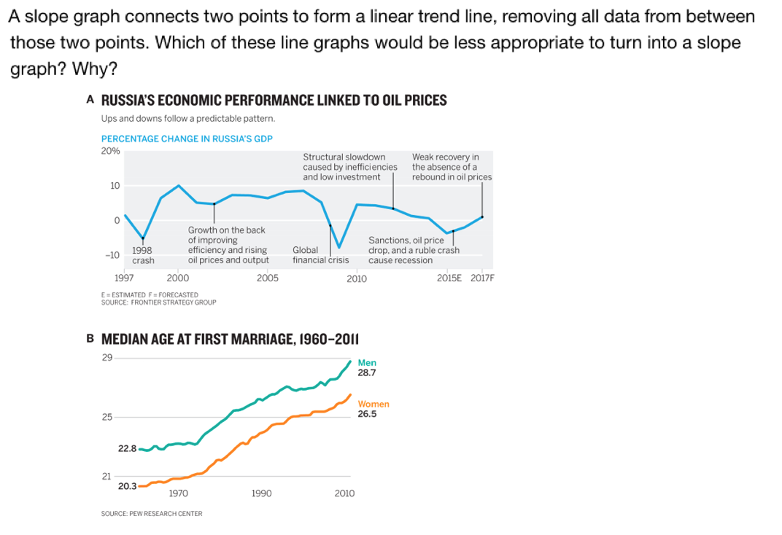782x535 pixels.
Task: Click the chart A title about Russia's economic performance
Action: [274, 101]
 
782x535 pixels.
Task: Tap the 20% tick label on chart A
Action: [110, 151]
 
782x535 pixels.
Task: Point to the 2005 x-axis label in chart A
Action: [268, 278]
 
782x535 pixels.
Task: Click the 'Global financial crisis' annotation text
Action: [320, 255]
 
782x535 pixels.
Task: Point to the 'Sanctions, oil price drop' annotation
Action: [414, 250]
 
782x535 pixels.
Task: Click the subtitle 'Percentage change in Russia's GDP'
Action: [187, 138]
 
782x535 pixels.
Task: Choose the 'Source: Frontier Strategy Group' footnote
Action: [158, 302]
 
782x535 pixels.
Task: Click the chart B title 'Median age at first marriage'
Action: [230, 340]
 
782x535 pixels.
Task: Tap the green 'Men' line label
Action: [367, 362]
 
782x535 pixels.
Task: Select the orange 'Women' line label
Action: [373, 404]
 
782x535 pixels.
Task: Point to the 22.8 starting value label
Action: [127, 448]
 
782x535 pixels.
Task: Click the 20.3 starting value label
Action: [127, 486]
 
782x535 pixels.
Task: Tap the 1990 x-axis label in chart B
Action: [261, 493]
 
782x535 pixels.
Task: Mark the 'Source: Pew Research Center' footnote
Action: [152, 514]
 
